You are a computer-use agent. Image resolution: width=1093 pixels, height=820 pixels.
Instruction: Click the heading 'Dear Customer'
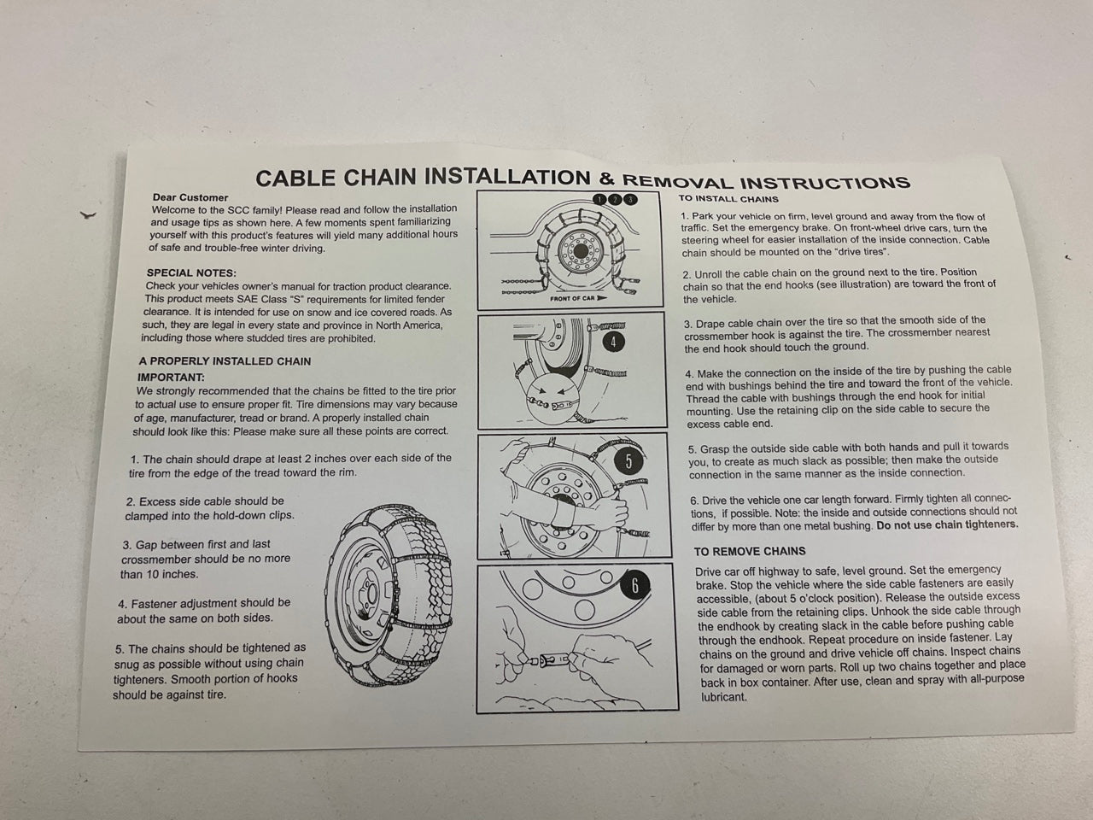pos(190,197)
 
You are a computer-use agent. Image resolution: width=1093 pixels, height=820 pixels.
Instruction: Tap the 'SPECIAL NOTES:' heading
pos(192,272)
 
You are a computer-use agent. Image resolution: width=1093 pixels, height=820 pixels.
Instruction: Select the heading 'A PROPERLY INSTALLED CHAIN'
pos(225,361)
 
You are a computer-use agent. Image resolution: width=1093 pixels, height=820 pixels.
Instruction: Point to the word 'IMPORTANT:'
pos(171,377)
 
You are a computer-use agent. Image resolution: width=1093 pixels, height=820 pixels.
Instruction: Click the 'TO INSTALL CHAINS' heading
pos(728,199)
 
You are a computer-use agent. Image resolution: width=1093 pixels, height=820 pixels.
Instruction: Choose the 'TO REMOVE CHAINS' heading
pos(750,552)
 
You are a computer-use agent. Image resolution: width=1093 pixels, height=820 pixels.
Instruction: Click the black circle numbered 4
pos(613,342)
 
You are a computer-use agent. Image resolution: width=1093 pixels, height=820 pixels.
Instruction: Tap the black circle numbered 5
pos(628,461)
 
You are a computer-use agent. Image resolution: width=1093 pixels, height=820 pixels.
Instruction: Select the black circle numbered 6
pos(635,586)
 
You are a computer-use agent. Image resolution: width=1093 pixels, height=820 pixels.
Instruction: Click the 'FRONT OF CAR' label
pos(572,299)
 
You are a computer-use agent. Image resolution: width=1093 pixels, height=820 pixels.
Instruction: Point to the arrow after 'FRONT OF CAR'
pos(602,298)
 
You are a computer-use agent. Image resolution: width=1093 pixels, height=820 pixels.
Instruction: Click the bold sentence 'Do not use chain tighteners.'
pos(947,524)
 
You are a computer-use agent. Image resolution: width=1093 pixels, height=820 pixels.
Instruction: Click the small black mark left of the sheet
pos(88,215)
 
